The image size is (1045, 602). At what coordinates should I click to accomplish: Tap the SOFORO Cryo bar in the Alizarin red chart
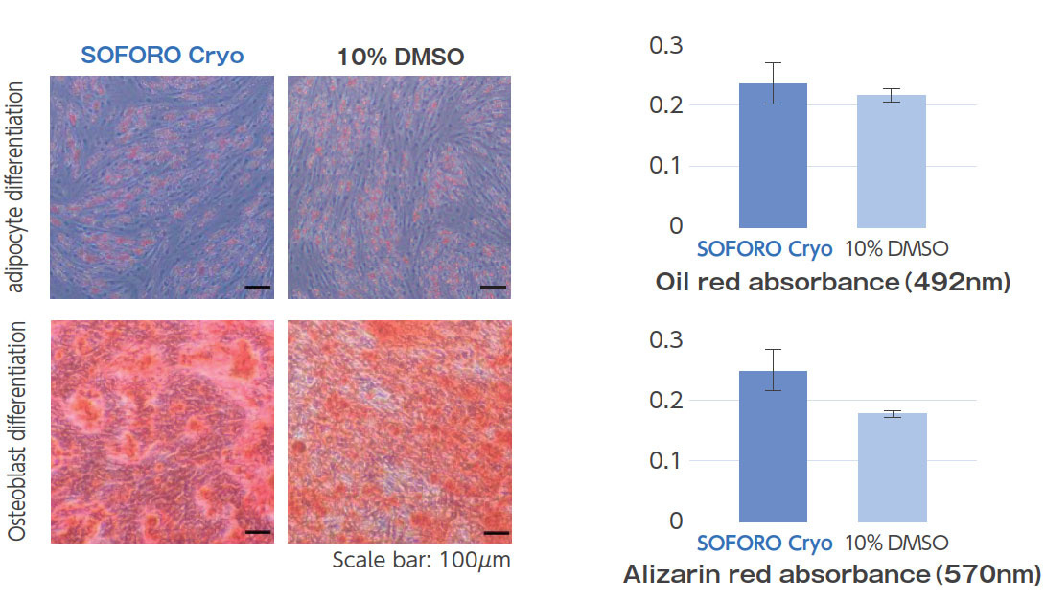[773, 446]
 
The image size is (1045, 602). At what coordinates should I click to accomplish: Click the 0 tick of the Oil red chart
[675, 226]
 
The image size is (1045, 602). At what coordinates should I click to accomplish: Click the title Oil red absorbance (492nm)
[833, 283]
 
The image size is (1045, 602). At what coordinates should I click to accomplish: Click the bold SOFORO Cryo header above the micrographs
[162, 56]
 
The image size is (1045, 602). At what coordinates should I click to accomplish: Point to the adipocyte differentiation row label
[17, 188]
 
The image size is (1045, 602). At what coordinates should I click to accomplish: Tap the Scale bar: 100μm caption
[421, 561]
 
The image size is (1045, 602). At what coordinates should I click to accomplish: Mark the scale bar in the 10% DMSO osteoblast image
[496, 531]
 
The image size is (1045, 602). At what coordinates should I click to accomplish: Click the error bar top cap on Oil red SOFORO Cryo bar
[773, 63]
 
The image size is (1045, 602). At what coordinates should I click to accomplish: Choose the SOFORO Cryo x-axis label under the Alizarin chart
[764, 544]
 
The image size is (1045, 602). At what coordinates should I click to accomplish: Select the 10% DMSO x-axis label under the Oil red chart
[896, 249]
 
